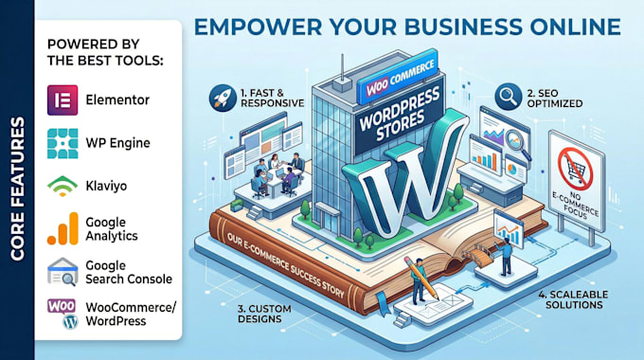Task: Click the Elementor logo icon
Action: (x=63, y=99)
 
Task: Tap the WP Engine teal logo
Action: (x=63, y=143)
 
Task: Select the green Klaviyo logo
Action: (x=63, y=186)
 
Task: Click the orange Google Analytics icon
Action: (x=63, y=228)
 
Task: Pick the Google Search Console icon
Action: (x=63, y=272)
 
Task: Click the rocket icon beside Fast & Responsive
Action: (x=223, y=98)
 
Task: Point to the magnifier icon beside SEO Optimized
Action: (x=508, y=97)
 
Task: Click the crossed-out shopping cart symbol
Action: (x=576, y=169)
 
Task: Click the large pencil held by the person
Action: (x=421, y=278)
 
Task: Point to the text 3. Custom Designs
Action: (x=264, y=314)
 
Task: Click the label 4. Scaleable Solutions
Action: (x=573, y=299)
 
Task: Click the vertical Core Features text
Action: (x=17, y=189)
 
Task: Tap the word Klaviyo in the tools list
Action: (x=106, y=187)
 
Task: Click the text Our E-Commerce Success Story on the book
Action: (x=285, y=265)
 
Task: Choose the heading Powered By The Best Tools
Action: (x=105, y=52)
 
